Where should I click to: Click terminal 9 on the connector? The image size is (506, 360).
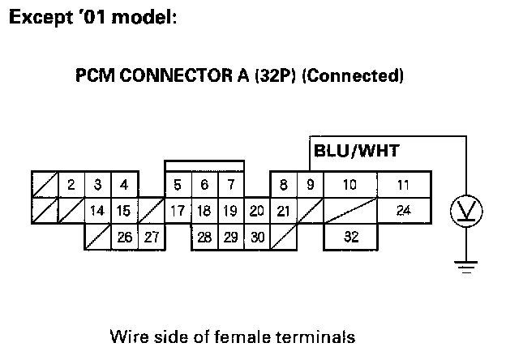310,185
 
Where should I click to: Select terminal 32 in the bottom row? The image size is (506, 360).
350,238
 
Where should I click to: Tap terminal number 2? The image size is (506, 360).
71,185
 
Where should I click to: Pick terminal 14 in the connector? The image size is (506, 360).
97,212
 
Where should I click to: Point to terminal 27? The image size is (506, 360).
150,238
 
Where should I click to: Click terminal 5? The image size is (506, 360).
178,185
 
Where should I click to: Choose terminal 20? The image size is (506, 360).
256,212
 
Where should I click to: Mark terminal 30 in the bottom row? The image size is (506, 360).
256,238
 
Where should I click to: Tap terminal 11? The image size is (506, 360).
403,185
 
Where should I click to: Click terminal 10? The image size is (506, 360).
350,185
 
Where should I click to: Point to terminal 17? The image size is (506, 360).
178,212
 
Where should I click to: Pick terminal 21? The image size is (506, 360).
283,212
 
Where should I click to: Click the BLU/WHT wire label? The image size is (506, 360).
356,150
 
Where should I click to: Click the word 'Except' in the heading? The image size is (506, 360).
37,18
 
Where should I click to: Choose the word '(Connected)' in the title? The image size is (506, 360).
354,77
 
